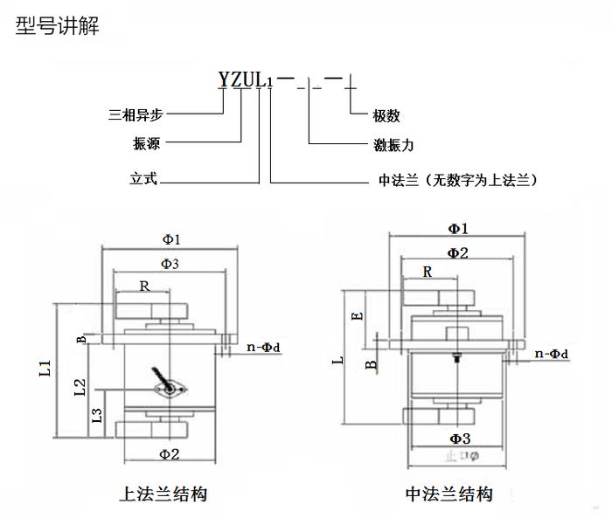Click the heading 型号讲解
click(58, 26)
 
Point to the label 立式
click(143, 180)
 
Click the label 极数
click(386, 115)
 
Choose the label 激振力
click(391, 143)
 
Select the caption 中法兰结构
click(449, 494)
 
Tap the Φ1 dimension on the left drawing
click(171, 238)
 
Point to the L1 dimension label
click(45, 369)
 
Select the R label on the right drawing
click(428, 272)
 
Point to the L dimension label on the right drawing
click(342, 358)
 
